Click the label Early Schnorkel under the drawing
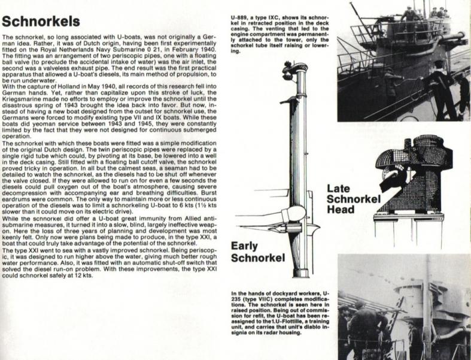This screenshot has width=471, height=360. [257, 251]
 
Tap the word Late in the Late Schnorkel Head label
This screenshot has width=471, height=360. [340, 189]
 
